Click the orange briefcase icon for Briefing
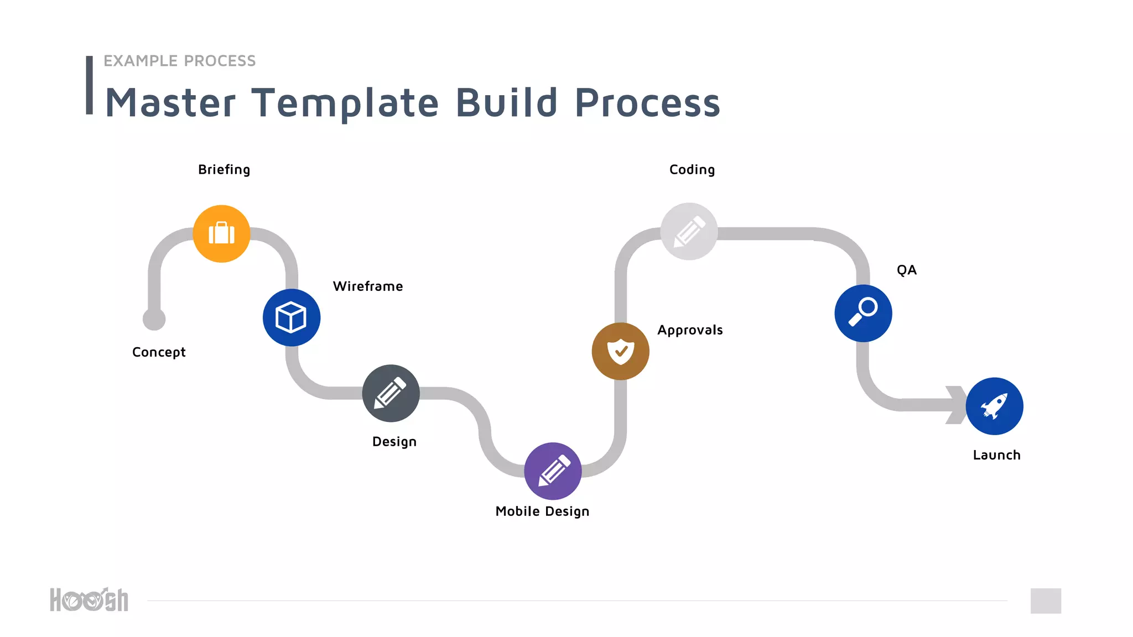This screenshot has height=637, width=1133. [221, 233]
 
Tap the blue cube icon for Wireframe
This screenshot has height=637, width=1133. [291, 317]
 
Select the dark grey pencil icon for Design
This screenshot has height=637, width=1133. [391, 393]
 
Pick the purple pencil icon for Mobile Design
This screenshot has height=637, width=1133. [553, 471]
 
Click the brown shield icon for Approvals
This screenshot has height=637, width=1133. [620, 351]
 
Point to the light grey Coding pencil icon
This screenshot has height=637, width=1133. [689, 231]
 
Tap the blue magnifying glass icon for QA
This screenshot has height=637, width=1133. [863, 313]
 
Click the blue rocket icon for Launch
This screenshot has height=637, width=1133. [994, 406]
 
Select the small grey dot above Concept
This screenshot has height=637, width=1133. [154, 319]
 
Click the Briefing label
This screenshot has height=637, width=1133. [224, 170]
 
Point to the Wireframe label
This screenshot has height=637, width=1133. [368, 286]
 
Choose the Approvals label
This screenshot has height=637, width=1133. [690, 330]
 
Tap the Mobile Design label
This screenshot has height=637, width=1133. [542, 511]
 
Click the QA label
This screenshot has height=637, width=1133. [907, 270]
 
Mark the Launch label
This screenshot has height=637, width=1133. [996, 455]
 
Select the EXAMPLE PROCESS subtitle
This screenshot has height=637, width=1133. [179, 61]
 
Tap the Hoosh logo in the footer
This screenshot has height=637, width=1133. [89, 600]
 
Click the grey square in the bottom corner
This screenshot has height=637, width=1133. [1046, 601]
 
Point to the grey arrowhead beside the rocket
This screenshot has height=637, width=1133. [956, 405]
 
